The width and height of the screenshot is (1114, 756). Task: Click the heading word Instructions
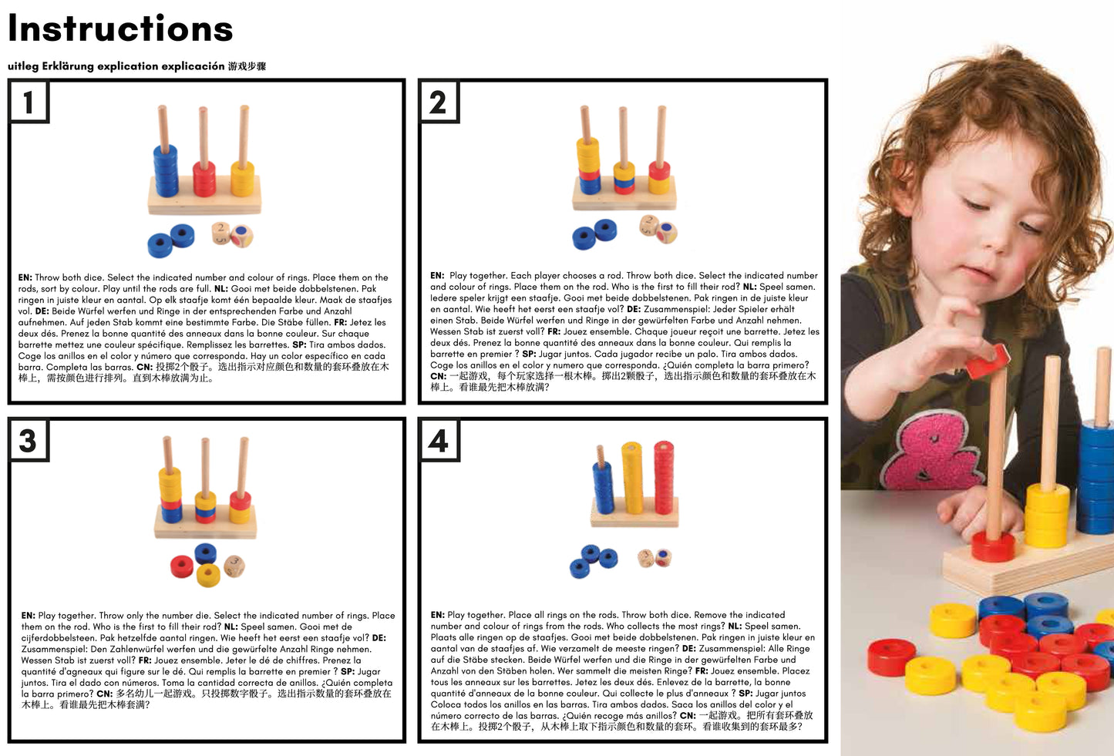pyautogui.click(x=120, y=29)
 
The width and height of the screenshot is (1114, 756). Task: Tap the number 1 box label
pyautogui.click(x=29, y=102)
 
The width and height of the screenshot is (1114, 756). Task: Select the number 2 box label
pyautogui.click(x=438, y=102)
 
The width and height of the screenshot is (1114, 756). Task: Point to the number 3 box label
pyautogui.click(x=29, y=440)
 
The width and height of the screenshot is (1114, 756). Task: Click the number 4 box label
pyautogui.click(x=438, y=440)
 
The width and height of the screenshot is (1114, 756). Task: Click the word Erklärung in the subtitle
pyautogui.click(x=68, y=66)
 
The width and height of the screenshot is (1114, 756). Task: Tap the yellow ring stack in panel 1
pyautogui.click(x=243, y=178)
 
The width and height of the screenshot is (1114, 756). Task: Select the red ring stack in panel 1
pyautogui.click(x=204, y=178)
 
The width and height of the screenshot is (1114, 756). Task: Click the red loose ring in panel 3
pyautogui.click(x=181, y=566)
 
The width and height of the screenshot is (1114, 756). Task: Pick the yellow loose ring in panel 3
pyautogui.click(x=208, y=575)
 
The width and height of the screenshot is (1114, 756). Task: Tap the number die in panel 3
pyautogui.click(x=234, y=566)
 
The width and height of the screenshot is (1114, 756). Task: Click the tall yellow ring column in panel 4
pyautogui.click(x=632, y=478)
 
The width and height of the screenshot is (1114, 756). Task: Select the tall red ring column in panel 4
pyautogui.click(x=664, y=477)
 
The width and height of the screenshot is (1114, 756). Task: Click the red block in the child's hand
pyautogui.click(x=988, y=361)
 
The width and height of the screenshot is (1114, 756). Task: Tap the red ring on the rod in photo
pyautogui.click(x=993, y=546)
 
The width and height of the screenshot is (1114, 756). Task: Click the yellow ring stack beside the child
pyautogui.click(x=1047, y=515)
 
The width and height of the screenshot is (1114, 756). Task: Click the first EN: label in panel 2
pyautogui.click(x=437, y=275)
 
